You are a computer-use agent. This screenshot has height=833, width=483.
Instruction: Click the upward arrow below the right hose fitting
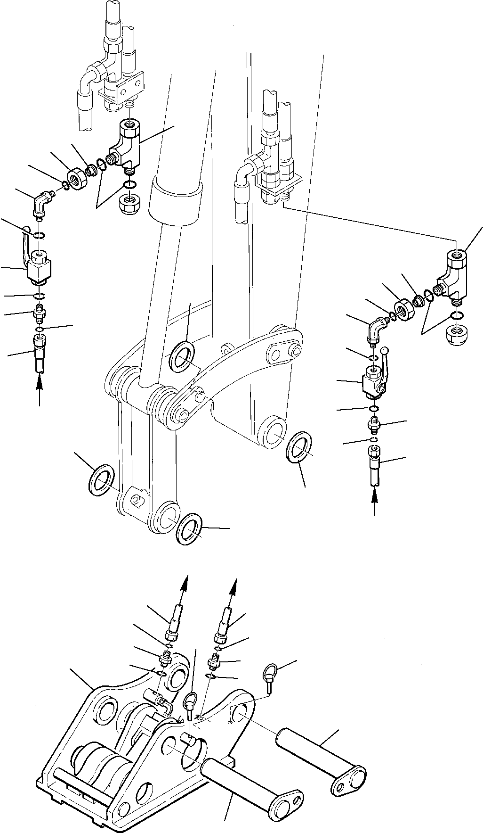pyautogui.click(x=375, y=501)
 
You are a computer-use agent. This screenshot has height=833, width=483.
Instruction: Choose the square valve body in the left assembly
pyautogui.click(x=40, y=271)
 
